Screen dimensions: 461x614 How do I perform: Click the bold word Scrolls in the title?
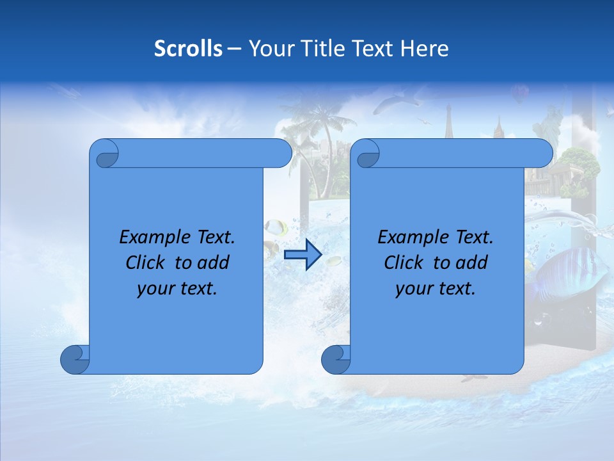[x=188, y=49]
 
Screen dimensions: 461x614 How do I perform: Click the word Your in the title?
[x=269, y=49]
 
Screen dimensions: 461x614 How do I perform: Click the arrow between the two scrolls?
[x=303, y=255]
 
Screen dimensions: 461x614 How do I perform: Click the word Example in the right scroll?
[x=411, y=238]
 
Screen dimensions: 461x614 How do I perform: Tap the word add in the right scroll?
[x=473, y=263]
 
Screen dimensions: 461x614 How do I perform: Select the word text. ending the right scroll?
[x=455, y=289]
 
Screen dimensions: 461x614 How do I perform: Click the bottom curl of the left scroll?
[x=74, y=359]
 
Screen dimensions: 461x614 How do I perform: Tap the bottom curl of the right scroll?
[x=335, y=359]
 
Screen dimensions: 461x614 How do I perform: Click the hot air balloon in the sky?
[x=519, y=94]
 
